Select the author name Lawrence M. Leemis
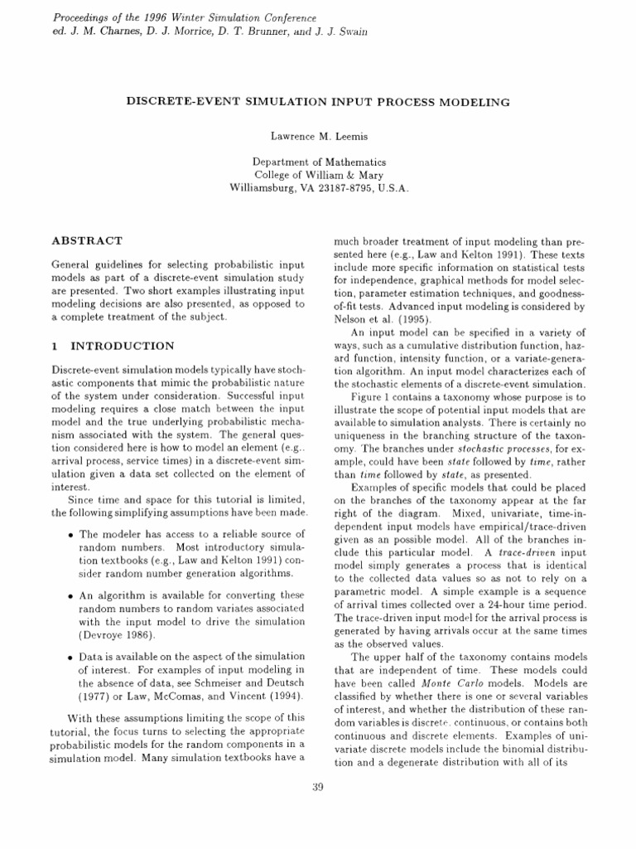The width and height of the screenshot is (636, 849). (317, 133)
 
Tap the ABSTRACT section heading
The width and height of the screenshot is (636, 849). (87, 240)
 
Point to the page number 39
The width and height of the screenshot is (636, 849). (318, 787)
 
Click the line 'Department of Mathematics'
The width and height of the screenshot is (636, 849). (318, 162)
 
